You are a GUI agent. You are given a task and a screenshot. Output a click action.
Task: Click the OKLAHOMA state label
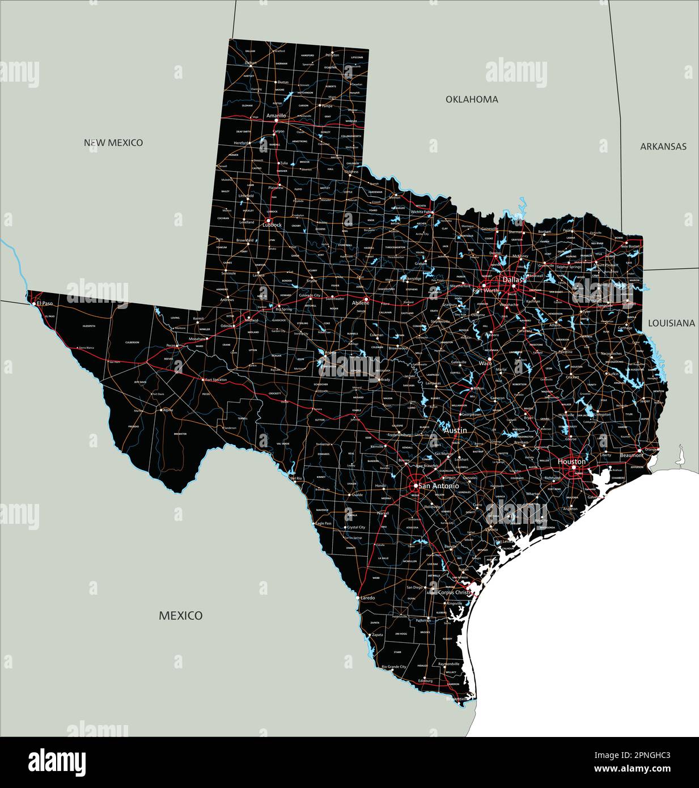point(472,99)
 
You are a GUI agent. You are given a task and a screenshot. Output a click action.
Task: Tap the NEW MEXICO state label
point(113,142)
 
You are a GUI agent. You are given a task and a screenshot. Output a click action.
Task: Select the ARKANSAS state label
point(663,146)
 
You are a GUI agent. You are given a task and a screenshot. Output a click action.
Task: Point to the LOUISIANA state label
point(671,323)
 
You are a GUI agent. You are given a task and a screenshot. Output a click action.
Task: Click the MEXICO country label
point(180,615)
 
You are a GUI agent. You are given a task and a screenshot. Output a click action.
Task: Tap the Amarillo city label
point(276,116)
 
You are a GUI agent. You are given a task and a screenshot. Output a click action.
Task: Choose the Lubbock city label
point(272,224)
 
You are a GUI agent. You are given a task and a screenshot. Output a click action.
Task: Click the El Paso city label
point(45,303)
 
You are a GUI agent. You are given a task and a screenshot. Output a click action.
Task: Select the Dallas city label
point(512,280)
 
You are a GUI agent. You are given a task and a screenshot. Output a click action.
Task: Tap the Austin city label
point(455,431)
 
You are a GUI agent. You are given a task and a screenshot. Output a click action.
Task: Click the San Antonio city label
point(439,486)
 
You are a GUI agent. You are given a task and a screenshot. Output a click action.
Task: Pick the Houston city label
point(571,461)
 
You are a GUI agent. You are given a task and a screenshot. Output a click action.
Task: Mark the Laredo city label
point(368,598)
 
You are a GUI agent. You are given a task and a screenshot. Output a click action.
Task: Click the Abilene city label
point(361,303)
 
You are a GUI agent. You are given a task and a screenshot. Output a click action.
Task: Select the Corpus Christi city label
point(454,592)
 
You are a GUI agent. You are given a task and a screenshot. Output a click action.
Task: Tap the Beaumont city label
point(631,455)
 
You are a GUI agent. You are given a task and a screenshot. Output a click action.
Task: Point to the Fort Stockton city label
point(216,379)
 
